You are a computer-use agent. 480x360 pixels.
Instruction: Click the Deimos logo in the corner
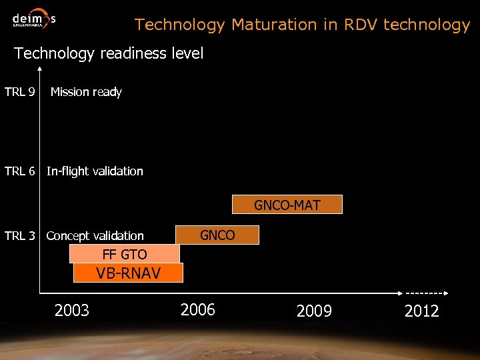pos(33,18)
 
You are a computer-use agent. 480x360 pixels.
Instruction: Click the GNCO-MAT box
pos(287,205)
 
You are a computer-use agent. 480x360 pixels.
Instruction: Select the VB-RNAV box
pos(128,273)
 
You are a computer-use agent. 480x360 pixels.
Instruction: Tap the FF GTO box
pos(125,254)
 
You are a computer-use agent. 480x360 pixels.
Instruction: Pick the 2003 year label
pos(72,310)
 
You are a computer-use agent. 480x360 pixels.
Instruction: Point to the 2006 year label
pos(198,309)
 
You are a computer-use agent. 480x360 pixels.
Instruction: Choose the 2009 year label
pos(314,311)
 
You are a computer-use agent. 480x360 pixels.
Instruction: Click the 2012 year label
pos(421,311)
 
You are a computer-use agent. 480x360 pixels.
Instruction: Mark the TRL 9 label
pos(20,92)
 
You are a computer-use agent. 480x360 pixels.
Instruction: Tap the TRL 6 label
pos(20,171)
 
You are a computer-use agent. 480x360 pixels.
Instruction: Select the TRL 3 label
pos(20,236)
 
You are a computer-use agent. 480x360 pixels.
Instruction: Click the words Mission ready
pos(86,92)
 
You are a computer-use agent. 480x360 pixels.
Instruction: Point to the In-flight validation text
pos(95,171)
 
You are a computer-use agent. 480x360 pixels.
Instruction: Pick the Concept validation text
pos(95,236)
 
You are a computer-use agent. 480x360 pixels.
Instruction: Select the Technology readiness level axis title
pos(109,53)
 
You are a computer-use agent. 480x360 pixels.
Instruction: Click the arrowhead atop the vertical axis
pos(41,69)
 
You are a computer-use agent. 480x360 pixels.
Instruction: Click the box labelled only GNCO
pos(217,235)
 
